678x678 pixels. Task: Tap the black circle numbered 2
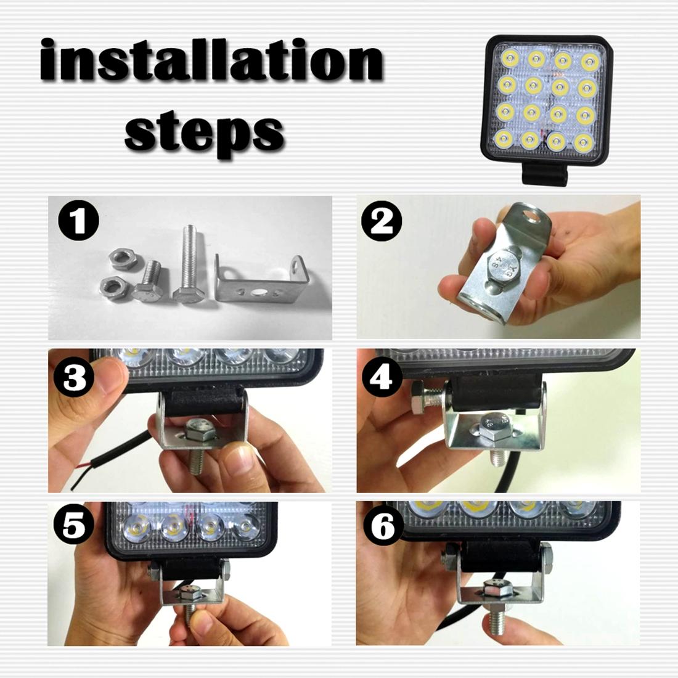point(383,221)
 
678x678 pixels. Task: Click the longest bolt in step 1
point(189,262)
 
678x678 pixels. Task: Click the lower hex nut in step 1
point(115,286)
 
